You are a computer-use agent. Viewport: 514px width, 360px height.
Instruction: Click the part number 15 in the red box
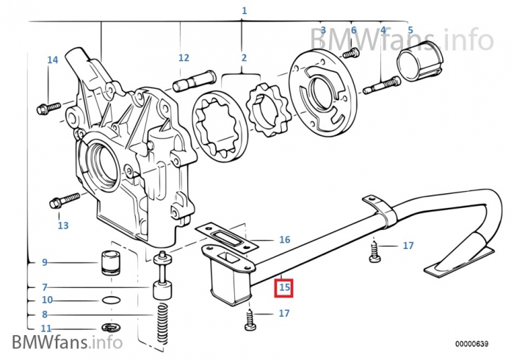click(284, 287)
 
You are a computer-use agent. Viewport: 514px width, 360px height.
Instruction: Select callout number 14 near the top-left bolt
click(52, 60)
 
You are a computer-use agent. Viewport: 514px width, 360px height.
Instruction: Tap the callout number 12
click(184, 57)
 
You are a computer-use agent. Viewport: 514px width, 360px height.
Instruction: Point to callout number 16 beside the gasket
click(284, 240)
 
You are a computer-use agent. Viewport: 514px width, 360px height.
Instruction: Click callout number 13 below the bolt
click(63, 226)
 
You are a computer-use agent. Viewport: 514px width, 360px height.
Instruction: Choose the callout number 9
click(44, 262)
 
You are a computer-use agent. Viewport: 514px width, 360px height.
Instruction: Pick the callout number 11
click(46, 328)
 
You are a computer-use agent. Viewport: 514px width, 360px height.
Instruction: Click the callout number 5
click(410, 30)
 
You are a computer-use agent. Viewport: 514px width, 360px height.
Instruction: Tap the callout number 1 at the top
click(244, 11)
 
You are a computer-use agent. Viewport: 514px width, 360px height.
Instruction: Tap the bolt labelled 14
click(47, 107)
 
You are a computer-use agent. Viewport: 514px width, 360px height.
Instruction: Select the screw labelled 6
click(352, 52)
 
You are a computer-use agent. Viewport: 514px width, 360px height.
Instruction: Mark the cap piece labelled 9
click(109, 261)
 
